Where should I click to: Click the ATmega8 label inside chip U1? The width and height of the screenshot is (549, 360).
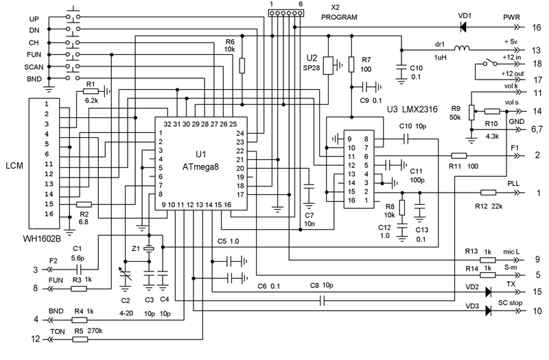tap(200, 167)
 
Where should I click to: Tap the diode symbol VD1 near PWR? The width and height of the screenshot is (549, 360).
tap(463, 27)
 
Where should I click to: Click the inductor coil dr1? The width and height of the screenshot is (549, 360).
tap(462, 48)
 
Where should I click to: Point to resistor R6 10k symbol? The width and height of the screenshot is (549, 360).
tap(242, 65)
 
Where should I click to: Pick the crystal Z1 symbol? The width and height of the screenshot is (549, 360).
tap(149, 249)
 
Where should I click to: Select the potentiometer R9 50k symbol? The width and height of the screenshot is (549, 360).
tap(471, 112)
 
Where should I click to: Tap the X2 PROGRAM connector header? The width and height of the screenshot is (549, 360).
tap(285, 13)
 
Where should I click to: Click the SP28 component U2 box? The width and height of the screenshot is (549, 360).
tap(328, 65)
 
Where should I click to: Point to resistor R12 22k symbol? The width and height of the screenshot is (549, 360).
tap(488, 193)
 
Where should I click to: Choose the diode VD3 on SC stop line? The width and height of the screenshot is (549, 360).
tap(489, 311)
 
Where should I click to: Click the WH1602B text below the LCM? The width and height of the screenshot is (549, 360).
tap(42, 239)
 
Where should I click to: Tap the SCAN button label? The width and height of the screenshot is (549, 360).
tap(34, 67)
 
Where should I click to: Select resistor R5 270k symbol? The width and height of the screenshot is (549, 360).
tap(80, 339)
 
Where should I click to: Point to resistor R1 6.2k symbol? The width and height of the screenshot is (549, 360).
tap(91, 92)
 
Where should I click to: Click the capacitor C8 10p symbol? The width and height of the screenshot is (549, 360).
tap(323, 300)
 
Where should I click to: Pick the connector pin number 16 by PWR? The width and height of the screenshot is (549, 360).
tap(537, 27)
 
